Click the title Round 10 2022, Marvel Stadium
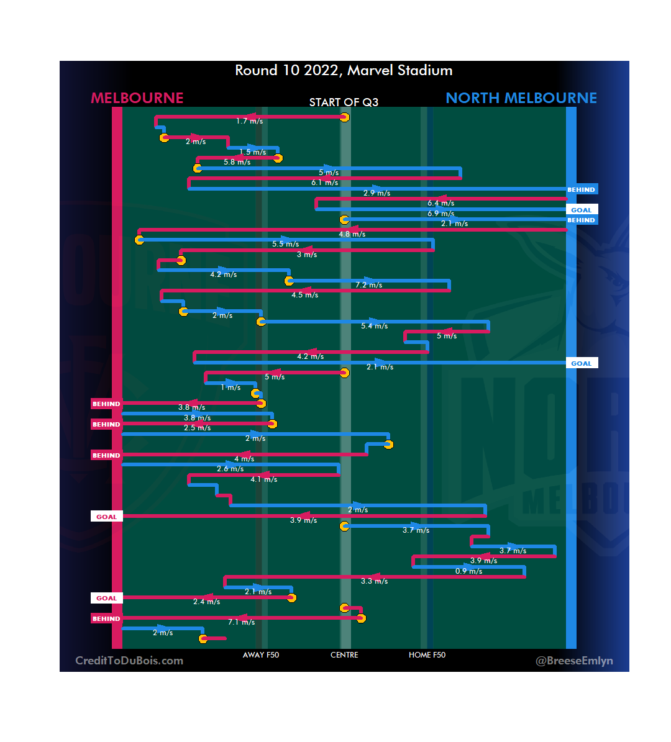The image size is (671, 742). click(x=344, y=70)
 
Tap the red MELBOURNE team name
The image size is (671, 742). click(x=137, y=98)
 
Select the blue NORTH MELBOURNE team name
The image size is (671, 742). click(x=521, y=98)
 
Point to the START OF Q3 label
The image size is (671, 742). click(x=344, y=102)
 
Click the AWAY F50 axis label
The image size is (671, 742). click(x=261, y=655)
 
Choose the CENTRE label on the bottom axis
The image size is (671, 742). click(x=344, y=655)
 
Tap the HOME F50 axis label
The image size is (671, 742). click(x=427, y=655)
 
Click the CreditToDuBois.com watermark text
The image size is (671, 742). click(x=129, y=661)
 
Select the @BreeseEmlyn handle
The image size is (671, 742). click(x=574, y=661)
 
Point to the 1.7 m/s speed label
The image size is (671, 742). click(x=249, y=121)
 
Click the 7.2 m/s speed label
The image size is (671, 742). click(x=369, y=285)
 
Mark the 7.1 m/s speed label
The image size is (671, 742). click(x=242, y=622)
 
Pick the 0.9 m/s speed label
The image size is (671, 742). click(x=468, y=571)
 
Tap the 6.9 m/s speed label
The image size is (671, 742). click(x=440, y=214)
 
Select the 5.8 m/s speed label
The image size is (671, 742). click(x=237, y=162)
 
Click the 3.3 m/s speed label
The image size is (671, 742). click(x=374, y=581)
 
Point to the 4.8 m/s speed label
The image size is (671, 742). click(x=352, y=234)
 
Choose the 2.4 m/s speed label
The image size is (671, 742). click(x=206, y=602)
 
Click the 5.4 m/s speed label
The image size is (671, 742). click(x=374, y=326)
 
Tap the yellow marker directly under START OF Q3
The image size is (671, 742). click(x=344, y=117)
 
